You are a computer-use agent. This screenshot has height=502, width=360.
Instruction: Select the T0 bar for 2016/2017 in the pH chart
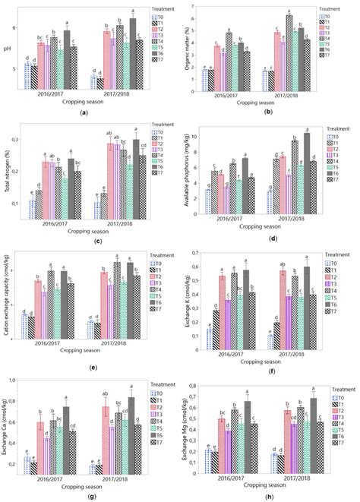coord(28,76)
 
